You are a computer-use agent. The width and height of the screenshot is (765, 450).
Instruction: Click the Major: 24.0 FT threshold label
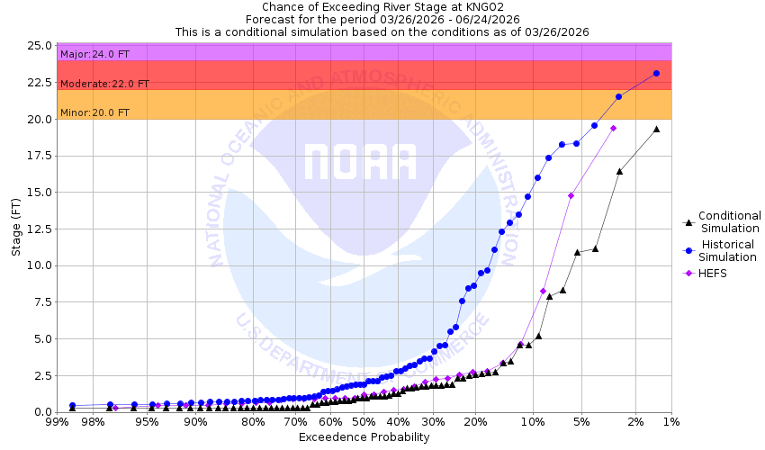tap(94, 54)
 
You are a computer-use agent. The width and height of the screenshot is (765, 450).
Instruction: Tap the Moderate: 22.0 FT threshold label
tap(104, 84)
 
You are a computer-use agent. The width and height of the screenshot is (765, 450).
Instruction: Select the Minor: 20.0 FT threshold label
tap(94, 112)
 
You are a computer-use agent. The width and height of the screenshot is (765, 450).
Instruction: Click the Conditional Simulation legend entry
tap(729, 221)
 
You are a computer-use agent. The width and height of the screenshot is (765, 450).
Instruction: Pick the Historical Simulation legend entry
tap(729, 251)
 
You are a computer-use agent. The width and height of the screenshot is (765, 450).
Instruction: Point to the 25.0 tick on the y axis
tap(38, 45)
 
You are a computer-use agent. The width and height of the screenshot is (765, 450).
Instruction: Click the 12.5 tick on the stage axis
tap(38, 229)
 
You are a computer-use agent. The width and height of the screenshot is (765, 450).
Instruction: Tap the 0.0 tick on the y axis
tap(40, 412)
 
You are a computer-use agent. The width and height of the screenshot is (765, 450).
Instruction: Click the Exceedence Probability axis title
tap(364, 437)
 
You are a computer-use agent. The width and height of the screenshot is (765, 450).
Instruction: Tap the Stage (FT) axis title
tap(16, 229)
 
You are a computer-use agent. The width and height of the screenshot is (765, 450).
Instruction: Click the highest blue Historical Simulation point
tap(656, 73)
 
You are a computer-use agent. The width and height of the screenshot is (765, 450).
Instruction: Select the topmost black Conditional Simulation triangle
tap(656, 129)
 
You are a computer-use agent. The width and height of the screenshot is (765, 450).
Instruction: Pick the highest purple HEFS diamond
tap(613, 128)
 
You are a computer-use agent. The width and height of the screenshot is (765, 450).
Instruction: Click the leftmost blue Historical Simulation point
tap(72, 406)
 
